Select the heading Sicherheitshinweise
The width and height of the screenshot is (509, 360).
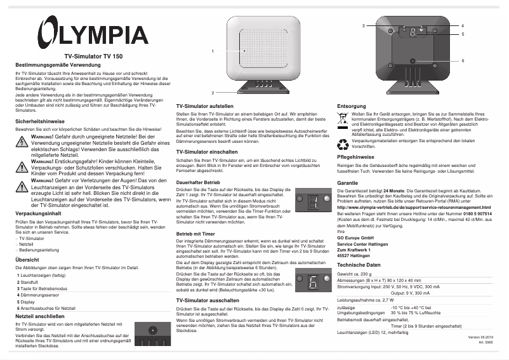tap(40, 120)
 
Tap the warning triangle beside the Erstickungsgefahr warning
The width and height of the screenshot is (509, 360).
tap(23, 166)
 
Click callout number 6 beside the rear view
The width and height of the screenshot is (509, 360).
tap(463, 60)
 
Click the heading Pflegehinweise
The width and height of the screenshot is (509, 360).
tap(359, 156)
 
